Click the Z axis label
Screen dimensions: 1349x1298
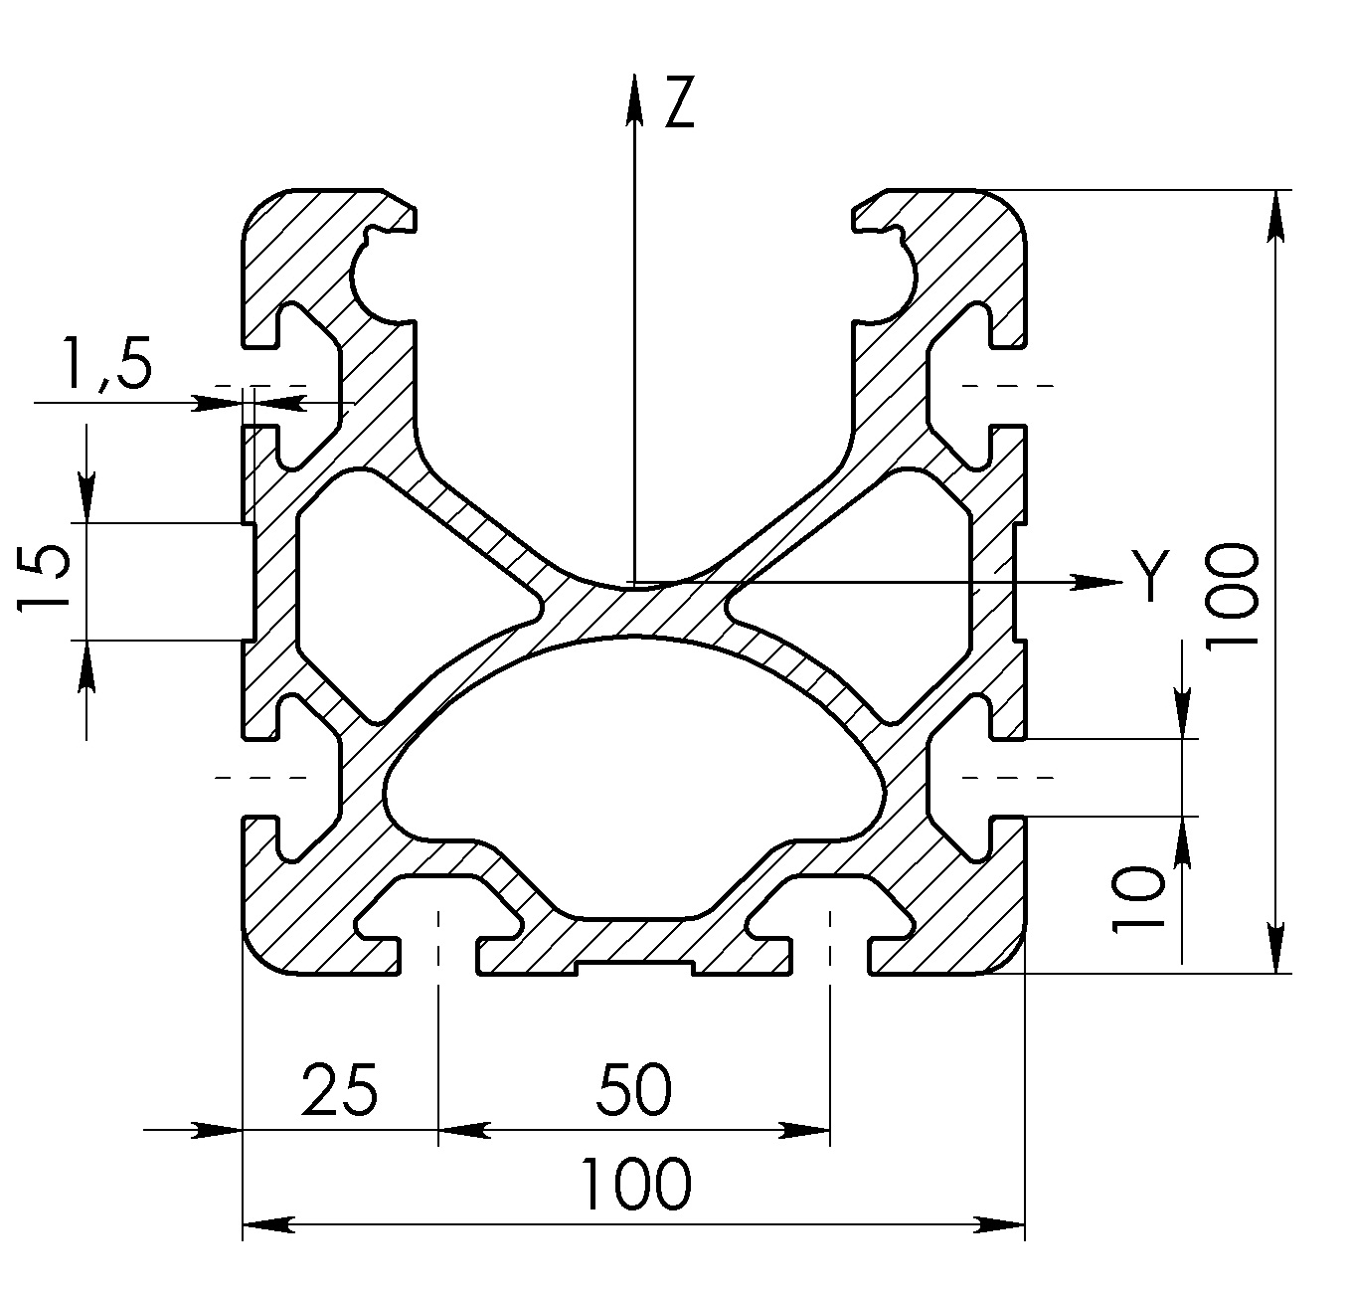[679, 102]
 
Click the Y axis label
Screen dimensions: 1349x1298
[1150, 575]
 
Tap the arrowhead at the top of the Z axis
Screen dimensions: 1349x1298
[633, 99]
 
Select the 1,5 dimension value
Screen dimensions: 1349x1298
[107, 364]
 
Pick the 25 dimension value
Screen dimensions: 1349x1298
[339, 1089]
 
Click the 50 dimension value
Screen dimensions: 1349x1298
[633, 1089]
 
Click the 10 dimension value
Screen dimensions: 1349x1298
[1137, 898]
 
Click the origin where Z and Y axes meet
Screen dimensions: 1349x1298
[633, 582]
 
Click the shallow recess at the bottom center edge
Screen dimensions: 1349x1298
[634, 969]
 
